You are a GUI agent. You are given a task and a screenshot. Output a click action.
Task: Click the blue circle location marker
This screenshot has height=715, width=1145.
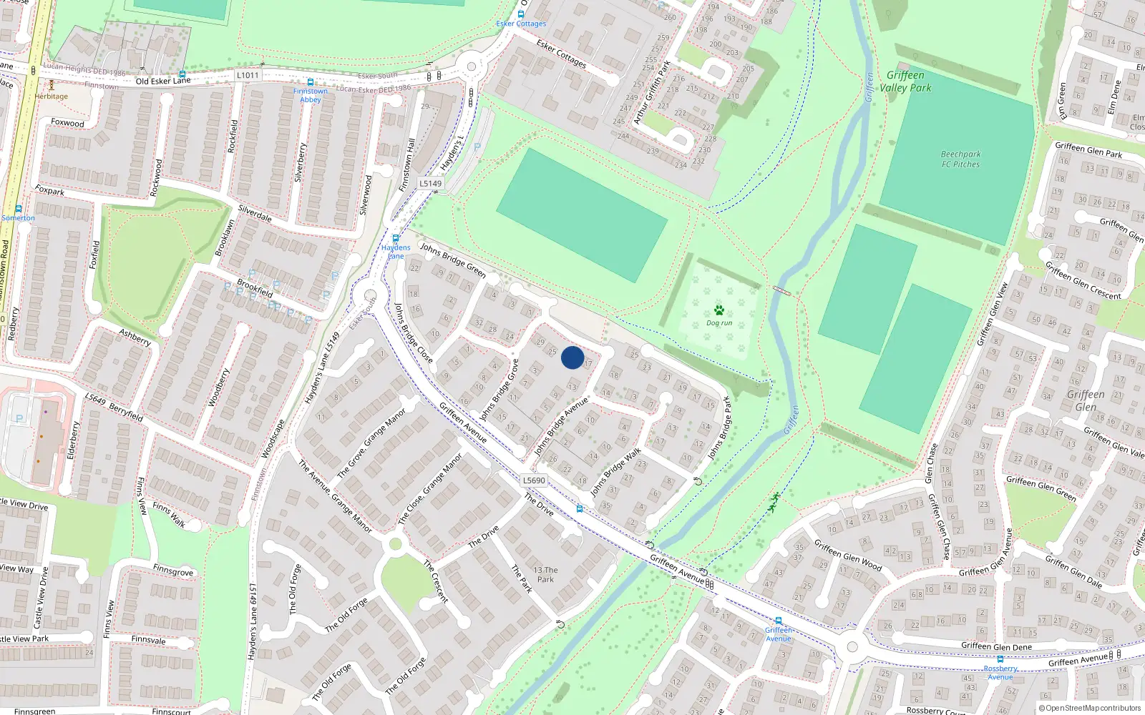coord(572,357)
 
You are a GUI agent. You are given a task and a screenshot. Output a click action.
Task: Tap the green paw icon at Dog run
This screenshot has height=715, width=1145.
coord(719,310)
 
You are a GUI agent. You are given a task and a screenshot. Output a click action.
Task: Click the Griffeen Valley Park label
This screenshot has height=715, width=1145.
coord(905,82)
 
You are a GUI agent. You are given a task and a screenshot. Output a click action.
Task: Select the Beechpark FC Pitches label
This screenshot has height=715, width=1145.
coord(960,159)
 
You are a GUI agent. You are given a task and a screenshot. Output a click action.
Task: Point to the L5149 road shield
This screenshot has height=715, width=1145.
coord(430,183)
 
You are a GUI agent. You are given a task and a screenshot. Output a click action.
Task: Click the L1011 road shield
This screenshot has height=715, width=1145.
coord(247,75)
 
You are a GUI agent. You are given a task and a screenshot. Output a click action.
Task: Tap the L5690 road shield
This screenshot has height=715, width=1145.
coord(533,480)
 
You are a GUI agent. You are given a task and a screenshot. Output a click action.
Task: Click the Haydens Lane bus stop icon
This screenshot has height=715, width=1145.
coord(395,239)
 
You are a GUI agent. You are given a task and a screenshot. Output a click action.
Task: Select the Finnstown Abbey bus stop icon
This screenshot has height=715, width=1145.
coord(310,82)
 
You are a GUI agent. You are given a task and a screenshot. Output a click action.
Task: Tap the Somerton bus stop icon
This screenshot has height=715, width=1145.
coord(19,209)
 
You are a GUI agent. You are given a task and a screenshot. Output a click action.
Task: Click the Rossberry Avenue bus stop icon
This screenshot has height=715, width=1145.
coord(1000,659)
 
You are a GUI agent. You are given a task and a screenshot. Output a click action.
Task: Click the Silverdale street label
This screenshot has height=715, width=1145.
coord(255,213)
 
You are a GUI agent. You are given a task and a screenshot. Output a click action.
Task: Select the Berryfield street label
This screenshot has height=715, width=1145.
coord(114,407)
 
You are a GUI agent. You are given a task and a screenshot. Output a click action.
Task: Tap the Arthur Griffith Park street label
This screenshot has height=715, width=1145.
coord(652,92)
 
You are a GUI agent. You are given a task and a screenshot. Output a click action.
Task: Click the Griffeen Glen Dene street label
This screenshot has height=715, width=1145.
coord(996,646)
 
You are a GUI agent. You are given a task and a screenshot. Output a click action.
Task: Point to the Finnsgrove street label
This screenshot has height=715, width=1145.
coord(172,571)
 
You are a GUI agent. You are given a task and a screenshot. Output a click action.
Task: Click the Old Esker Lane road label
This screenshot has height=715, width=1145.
coord(163,81)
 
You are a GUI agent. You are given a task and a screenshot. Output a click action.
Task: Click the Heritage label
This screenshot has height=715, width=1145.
coord(52,96)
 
